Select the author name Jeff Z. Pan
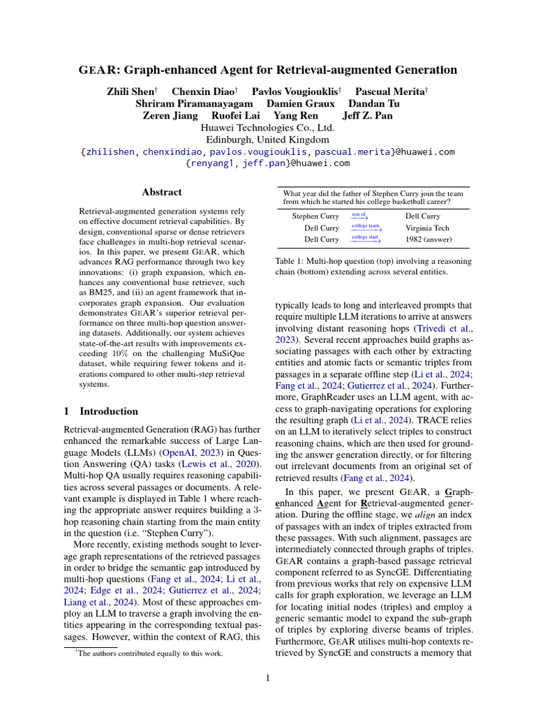368,116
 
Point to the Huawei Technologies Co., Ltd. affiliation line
267,128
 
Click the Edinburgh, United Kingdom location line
267,140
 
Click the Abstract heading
162,192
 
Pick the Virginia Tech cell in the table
427,228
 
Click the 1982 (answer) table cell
429,239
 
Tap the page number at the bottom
267,677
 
